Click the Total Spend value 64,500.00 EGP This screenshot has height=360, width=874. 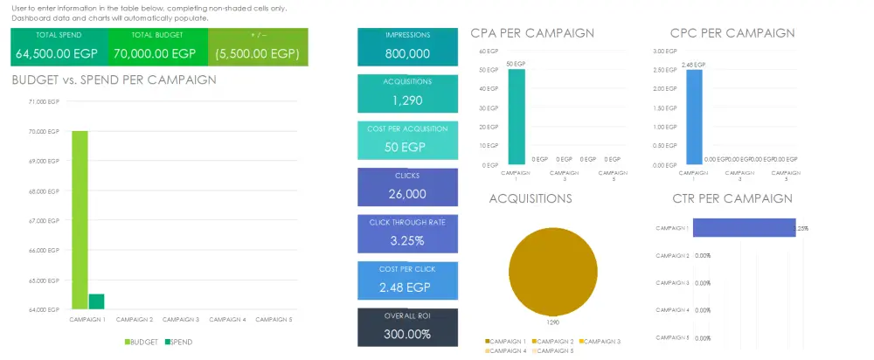click(59, 53)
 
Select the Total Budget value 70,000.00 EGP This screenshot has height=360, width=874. click(157, 53)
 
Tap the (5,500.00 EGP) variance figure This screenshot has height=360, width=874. click(259, 53)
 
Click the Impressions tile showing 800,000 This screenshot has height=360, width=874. click(407, 46)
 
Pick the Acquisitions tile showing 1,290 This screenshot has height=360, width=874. click(407, 93)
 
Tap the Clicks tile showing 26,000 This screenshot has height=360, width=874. click(407, 186)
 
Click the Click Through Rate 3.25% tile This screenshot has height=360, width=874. click(407, 233)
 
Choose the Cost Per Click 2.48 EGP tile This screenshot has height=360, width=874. click(407, 280)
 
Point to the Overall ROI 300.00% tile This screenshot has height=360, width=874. click(407, 327)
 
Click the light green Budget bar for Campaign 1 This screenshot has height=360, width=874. click(80, 218)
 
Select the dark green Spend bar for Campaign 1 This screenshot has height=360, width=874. click(96, 301)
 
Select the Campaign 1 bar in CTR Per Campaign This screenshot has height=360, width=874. click(743, 228)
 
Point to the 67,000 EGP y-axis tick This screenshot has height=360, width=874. click(43, 221)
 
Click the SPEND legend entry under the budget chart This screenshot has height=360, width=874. click(177, 341)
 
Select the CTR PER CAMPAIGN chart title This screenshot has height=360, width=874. click(732, 198)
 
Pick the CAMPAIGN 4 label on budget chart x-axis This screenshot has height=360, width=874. click(227, 319)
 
